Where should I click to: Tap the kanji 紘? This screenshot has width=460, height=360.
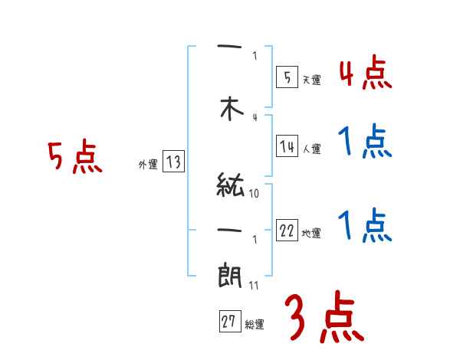[231, 187]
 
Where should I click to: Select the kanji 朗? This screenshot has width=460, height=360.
[231, 273]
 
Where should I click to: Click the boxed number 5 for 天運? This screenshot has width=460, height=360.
[286, 77]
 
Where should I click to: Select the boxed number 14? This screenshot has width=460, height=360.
[287, 147]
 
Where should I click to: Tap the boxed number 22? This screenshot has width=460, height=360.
[287, 231]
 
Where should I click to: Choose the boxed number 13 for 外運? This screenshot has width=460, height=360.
[173, 162]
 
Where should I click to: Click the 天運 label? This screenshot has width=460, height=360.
[311, 80]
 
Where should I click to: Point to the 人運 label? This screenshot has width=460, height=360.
[311, 149]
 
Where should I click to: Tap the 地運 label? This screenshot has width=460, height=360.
[311, 234]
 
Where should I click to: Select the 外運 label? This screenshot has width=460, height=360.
[147, 164]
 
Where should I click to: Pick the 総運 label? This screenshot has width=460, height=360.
[255, 325]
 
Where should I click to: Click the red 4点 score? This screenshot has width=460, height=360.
[365, 74]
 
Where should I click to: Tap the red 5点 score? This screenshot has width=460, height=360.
[74, 157]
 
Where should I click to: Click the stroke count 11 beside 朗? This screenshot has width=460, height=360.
[255, 285]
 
